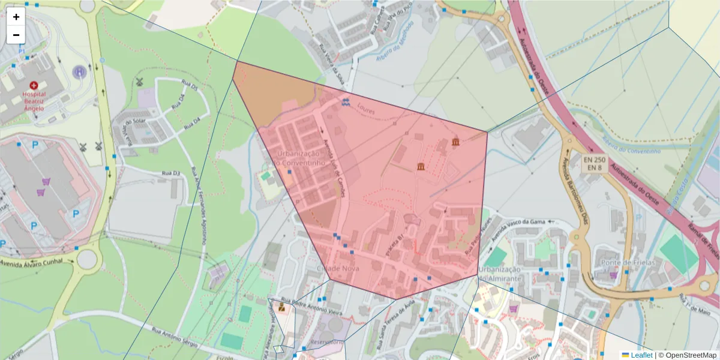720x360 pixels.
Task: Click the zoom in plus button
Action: pos(16,17)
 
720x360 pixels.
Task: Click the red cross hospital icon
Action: pos(34,86)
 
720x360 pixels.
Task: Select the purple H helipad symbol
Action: pos(79,73)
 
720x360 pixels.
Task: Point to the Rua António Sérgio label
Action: pos(172,337)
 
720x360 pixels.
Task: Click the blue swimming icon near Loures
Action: pos(346,101)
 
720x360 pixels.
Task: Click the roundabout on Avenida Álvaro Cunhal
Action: pos(87,259)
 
